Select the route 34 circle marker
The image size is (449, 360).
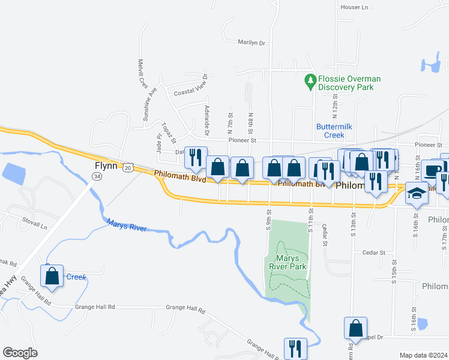(x=97, y=176)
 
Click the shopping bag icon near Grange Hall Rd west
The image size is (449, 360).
(x=52, y=277)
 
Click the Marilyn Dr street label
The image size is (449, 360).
(x=251, y=43)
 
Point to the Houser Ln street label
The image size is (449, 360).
(x=354, y=7)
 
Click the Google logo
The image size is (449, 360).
(x=20, y=352)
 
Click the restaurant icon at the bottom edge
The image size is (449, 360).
(x=295, y=349)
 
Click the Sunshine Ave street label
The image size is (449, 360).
(x=149, y=106)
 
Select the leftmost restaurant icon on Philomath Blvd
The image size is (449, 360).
(x=196, y=158)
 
